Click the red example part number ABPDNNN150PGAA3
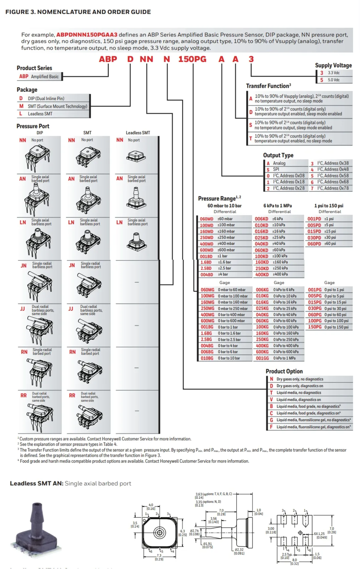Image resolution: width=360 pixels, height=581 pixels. pos(87,35)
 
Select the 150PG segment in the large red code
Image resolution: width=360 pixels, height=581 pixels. pos(192,59)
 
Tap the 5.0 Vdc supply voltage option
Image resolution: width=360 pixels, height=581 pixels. pos(334,80)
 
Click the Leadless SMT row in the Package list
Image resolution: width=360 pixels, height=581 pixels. pos(40,114)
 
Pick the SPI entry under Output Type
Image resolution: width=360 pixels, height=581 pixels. pos(276,169)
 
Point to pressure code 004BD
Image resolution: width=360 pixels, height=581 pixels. pos(207,275)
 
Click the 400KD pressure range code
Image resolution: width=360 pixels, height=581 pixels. pos(262,275)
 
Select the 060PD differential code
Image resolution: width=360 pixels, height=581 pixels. pos(314,244)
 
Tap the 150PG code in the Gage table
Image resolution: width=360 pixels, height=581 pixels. pos(315,327)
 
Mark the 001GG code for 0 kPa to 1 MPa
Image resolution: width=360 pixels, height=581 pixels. pos(262,358)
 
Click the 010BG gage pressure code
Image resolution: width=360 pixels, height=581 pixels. pos(207,358)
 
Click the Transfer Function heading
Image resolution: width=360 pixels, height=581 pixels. pos(268,86)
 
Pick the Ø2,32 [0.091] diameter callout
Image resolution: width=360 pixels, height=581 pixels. pos(239,551)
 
